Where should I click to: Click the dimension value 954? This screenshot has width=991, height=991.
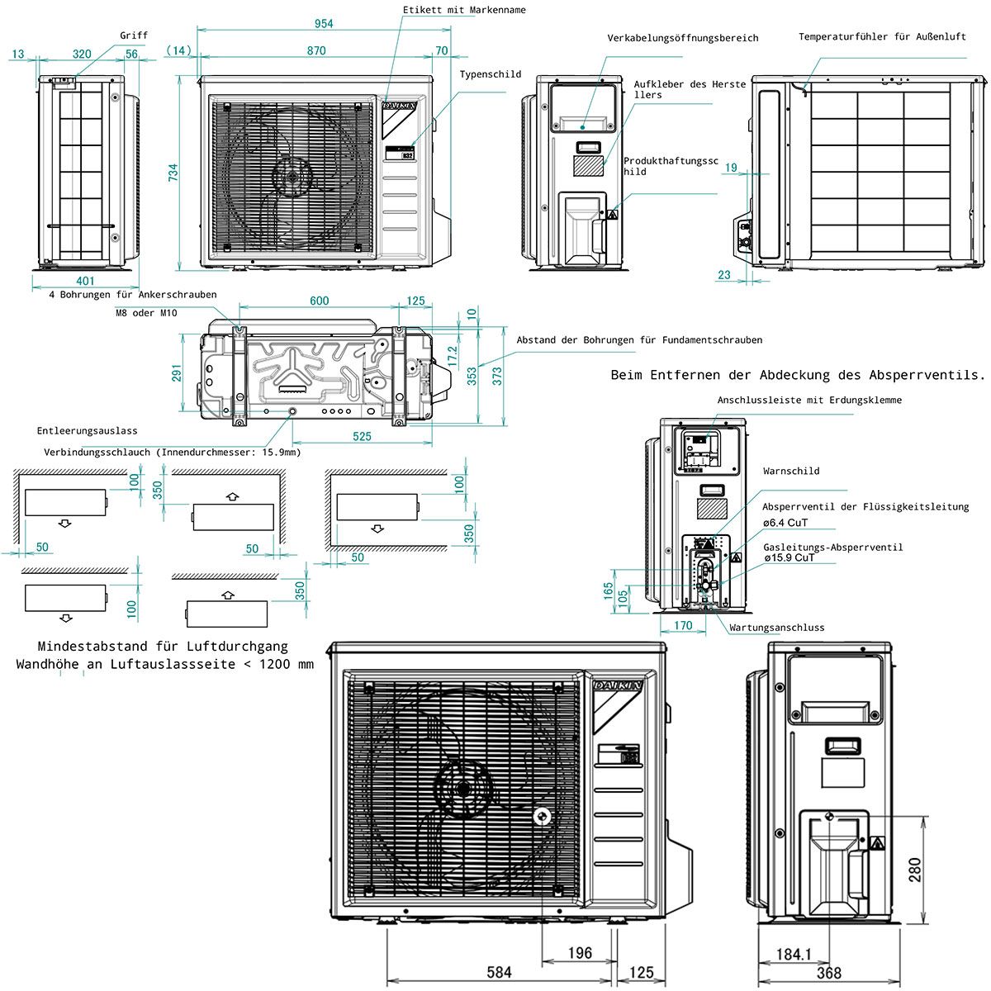tap(323, 24)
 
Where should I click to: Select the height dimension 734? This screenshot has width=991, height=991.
tap(173, 173)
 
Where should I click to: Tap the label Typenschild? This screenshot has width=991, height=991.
tap(491, 74)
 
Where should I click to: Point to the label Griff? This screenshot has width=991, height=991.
tap(134, 36)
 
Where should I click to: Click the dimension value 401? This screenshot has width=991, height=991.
tap(84, 281)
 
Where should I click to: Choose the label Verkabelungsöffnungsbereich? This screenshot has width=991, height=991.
tap(682, 38)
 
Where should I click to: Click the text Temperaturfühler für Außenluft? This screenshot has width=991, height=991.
tap(882, 37)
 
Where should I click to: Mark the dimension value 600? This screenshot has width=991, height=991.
tap(319, 301)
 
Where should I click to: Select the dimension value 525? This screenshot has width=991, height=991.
tap(362, 436)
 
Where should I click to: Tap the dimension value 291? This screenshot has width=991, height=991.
tap(177, 374)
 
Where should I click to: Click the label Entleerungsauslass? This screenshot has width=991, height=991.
tap(87, 431)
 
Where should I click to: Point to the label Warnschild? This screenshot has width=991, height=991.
tap(791, 472)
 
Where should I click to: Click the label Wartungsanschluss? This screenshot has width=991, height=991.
tap(776, 628)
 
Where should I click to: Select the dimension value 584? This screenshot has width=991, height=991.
tap(499, 972)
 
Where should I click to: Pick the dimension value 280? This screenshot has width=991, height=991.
tap(915, 870)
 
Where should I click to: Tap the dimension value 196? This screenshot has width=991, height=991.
tap(580, 953)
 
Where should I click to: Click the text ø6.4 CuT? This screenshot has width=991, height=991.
tap(785, 523)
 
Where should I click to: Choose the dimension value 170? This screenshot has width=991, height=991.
tap(683, 625)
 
